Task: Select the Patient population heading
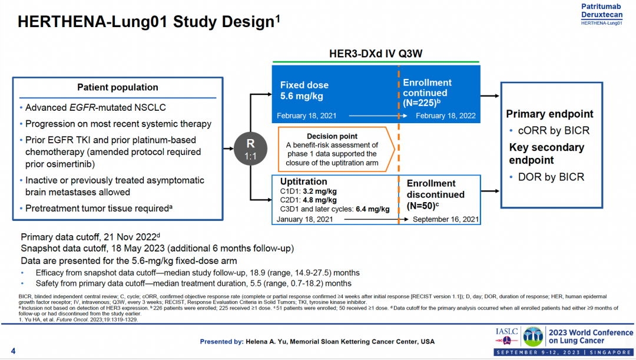(118, 87)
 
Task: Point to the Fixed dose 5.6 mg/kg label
(304, 90)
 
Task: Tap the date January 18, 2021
(304, 219)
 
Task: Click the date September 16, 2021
(445, 219)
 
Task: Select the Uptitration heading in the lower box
(303, 181)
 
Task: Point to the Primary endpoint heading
(549, 114)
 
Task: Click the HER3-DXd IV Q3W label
(376, 54)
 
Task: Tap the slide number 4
(13, 352)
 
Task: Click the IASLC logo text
(506, 332)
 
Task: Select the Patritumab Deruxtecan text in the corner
(601, 11)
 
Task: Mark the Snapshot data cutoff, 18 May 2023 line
(157, 248)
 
